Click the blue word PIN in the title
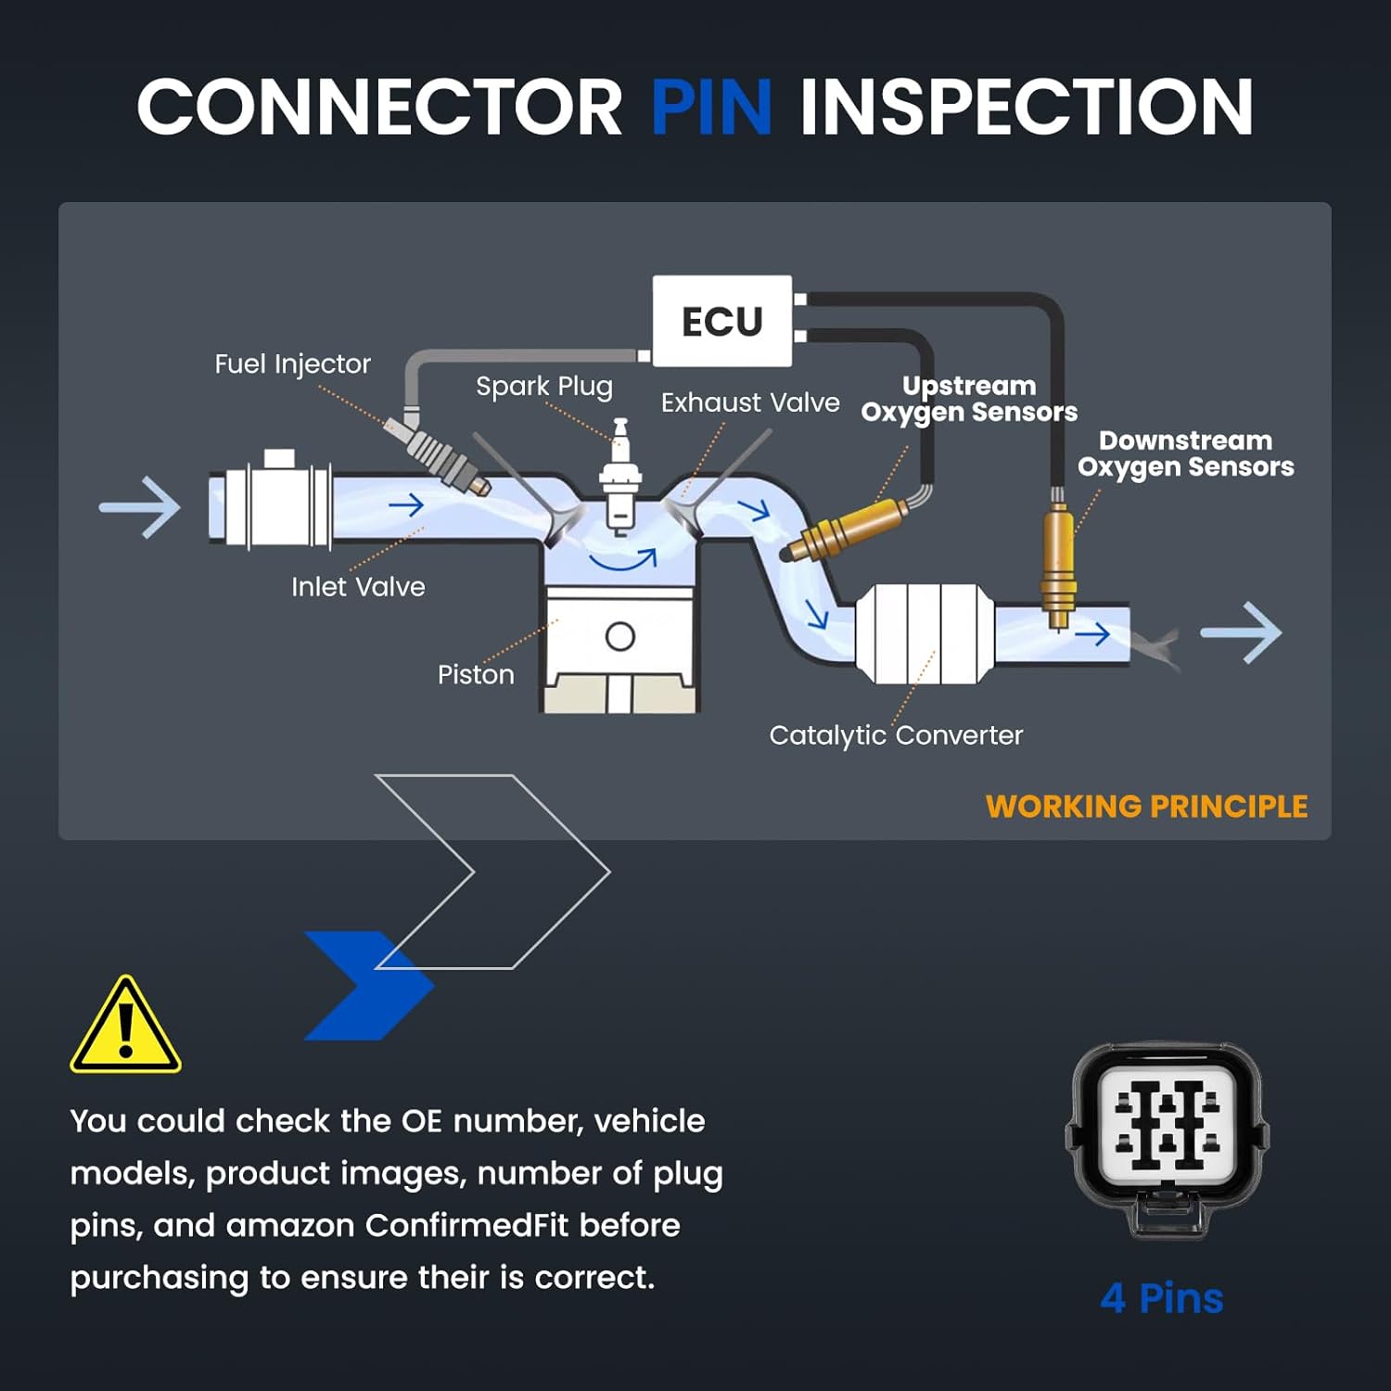(x=711, y=107)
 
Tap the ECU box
(x=722, y=321)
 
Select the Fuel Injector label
(x=292, y=364)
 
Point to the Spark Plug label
(x=544, y=387)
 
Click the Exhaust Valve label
(x=750, y=402)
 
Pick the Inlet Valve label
(x=358, y=587)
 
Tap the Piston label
(x=476, y=674)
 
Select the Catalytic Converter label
(x=896, y=735)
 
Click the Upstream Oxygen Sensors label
(x=969, y=400)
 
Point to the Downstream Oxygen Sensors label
(x=1185, y=454)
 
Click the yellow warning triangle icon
(x=125, y=1025)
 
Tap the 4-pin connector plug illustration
(x=1167, y=1141)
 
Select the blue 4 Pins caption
(x=1162, y=1298)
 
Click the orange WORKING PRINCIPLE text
(x=1146, y=807)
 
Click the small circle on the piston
(x=619, y=637)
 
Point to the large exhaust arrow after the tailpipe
(x=1241, y=632)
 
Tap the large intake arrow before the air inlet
(x=139, y=507)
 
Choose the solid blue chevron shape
(x=369, y=985)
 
